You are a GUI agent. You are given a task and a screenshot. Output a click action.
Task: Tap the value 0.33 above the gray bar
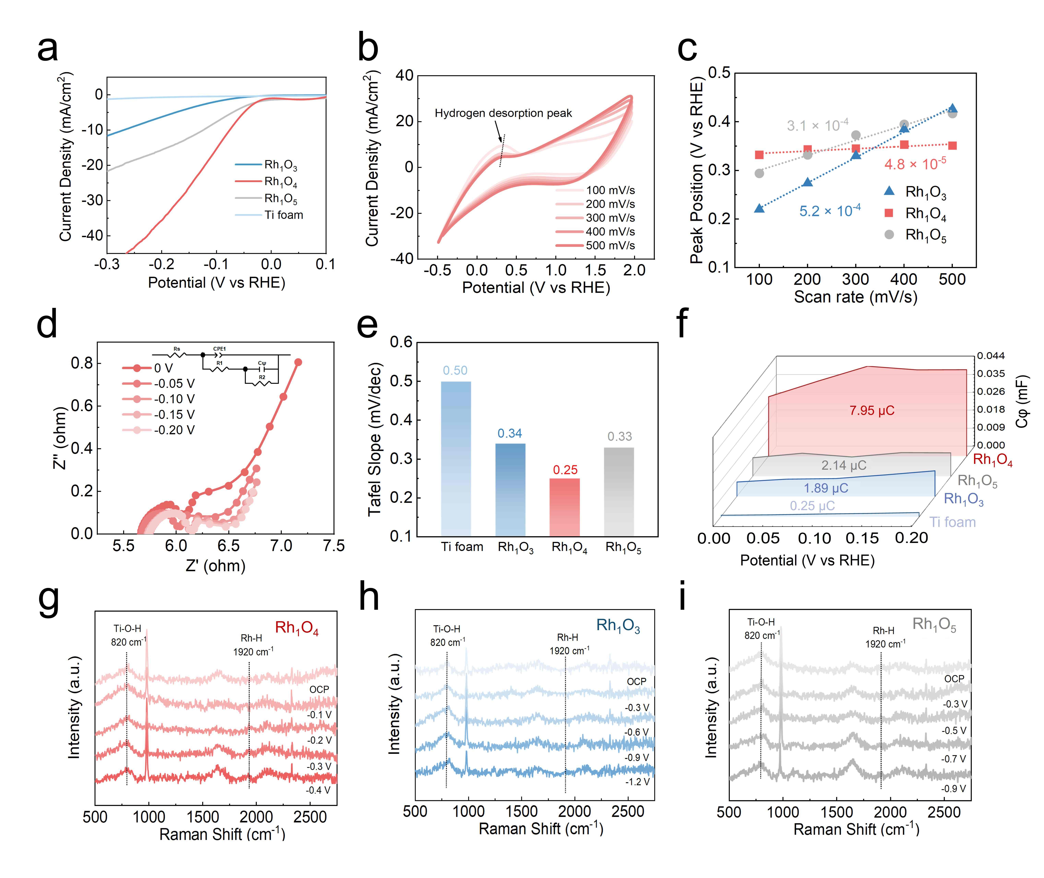click(x=619, y=436)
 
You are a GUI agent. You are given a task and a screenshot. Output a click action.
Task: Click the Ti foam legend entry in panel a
click(x=283, y=215)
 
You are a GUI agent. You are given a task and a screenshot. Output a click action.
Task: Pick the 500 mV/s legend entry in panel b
click(x=610, y=245)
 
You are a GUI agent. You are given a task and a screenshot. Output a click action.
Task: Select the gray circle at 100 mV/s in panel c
click(x=759, y=173)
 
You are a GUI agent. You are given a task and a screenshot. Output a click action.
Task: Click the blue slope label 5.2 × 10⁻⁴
click(x=829, y=211)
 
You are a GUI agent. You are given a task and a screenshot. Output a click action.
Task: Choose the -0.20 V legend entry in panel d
click(x=174, y=430)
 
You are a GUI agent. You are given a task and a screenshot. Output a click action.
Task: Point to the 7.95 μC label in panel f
click(x=872, y=411)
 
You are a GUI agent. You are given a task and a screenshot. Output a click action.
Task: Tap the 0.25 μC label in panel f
click(x=812, y=506)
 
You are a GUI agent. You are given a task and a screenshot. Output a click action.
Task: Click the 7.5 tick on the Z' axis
click(x=334, y=546)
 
